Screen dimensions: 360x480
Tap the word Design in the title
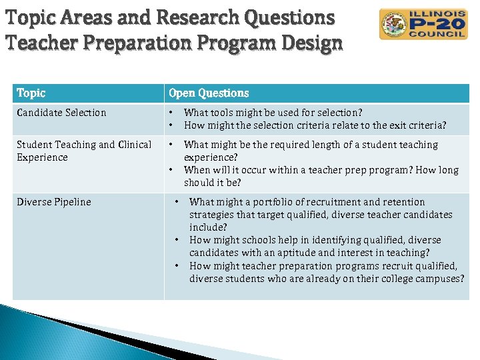pyautogui.click(x=311, y=43)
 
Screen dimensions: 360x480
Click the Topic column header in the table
pyautogui.click(x=31, y=93)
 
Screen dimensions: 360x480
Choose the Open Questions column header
pyautogui.click(x=209, y=93)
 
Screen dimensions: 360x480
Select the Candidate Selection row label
pyautogui.click(x=61, y=113)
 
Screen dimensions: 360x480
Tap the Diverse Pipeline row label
pyautogui.click(x=54, y=202)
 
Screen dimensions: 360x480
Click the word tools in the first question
pyautogui.click(x=225, y=113)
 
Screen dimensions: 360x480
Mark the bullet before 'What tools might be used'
pyautogui.click(x=171, y=113)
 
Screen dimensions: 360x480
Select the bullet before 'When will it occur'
pyautogui.click(x=171, y=170)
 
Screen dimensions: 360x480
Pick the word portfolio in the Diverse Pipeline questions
pyautogui.click(x=263, y=202)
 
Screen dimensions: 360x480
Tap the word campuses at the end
pyautogui.click(x=438, y=279)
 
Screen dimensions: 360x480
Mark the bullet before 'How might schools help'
pyautogui.click(x=177, y=240)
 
